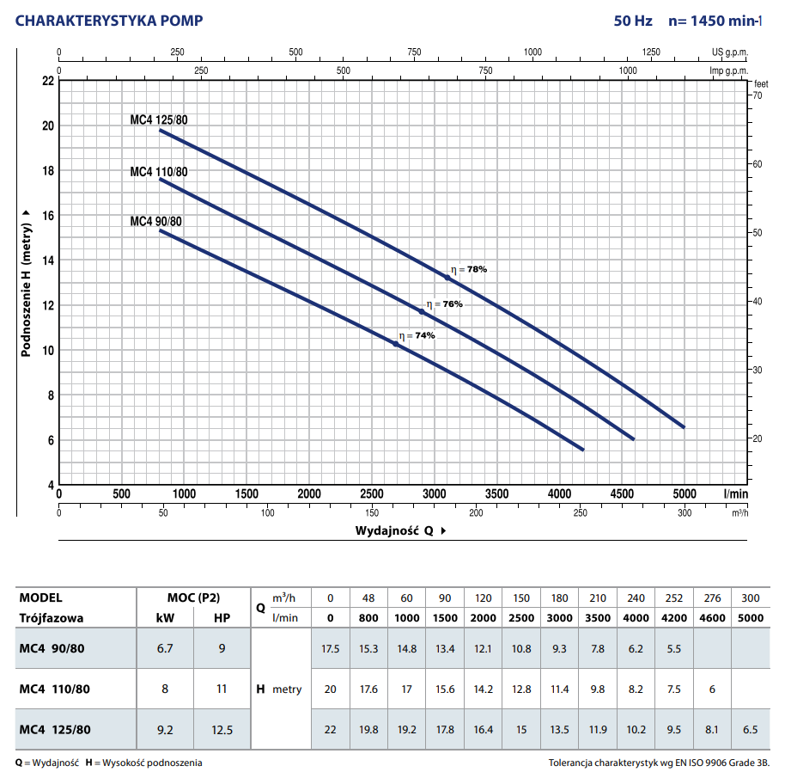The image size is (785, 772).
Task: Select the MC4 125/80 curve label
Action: click(x=159, y=120)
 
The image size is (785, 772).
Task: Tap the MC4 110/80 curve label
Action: click(x=159, y=172)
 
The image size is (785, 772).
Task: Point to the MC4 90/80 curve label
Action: click(x=156, y=222)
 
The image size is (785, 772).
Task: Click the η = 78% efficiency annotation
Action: click(x=469, y=269)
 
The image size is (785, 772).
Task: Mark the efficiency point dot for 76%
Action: click(x=422, y=311)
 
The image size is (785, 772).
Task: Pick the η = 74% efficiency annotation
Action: click(x=417, y=335)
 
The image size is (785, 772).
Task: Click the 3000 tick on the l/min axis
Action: click(x=434, y=494)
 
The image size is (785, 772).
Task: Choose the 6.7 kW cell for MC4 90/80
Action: click(x=166, y=649)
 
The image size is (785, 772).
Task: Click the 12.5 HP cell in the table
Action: click(x=222, y=730)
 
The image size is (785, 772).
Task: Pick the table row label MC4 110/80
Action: click(x=54, y=689)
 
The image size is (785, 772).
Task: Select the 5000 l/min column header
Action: click(x=750, y=618)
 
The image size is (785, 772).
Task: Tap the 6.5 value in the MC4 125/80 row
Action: click(x=750, y=730)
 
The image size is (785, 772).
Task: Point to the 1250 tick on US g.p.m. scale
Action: click(x=651, y=52)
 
